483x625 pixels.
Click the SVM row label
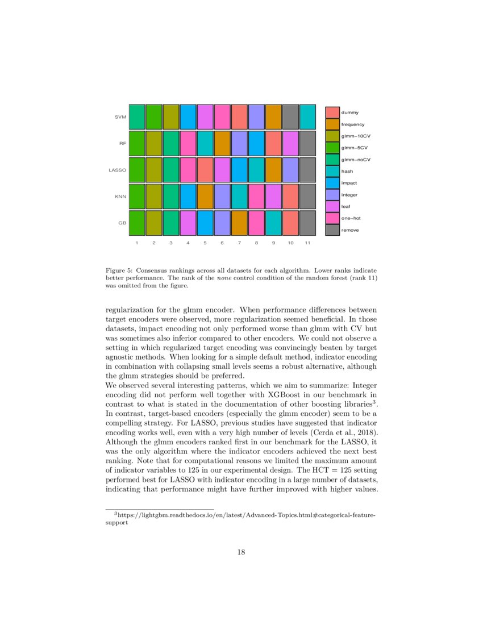120,117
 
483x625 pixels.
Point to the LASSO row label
117,170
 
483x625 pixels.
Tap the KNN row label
120,197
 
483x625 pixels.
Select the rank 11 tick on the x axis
307,243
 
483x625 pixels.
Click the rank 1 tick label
137,243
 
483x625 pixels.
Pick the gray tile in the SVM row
290,116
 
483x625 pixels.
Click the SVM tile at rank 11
307,116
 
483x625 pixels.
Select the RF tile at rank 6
222,143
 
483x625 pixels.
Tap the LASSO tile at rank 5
205,170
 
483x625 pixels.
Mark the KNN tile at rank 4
188,197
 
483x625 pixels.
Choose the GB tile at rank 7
239,223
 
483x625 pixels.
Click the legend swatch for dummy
332,112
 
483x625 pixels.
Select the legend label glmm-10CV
355,136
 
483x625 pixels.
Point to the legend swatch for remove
332,230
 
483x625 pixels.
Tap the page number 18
241,552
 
